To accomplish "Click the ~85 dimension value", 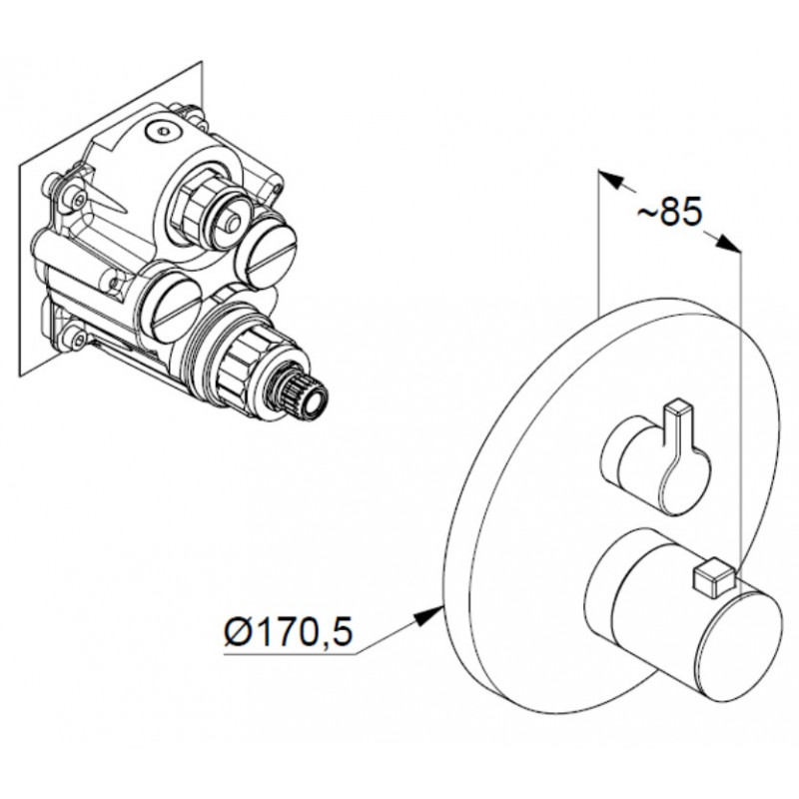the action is pyautogui.click(x=670, y=212).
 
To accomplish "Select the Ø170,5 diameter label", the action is pyautogui.click(x=289, y=632).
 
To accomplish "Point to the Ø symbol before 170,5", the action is pyautogui.click(x=237, y=632).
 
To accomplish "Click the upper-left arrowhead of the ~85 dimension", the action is pyautogui.click(x=611, y=180).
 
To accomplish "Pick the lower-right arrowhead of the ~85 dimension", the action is pyautogui.click(x=728, y=244).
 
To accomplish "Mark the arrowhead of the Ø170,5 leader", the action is pyautogui.click(x=428, y=616).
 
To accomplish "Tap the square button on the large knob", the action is pyautogui.click(x=710, y=580).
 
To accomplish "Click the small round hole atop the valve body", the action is pyautogui.click(x=163, y=131).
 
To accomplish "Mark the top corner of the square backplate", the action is pyautogui.click(x=203, y=62).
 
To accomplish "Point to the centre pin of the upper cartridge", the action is pyautogui.click(x=234, y=222).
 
